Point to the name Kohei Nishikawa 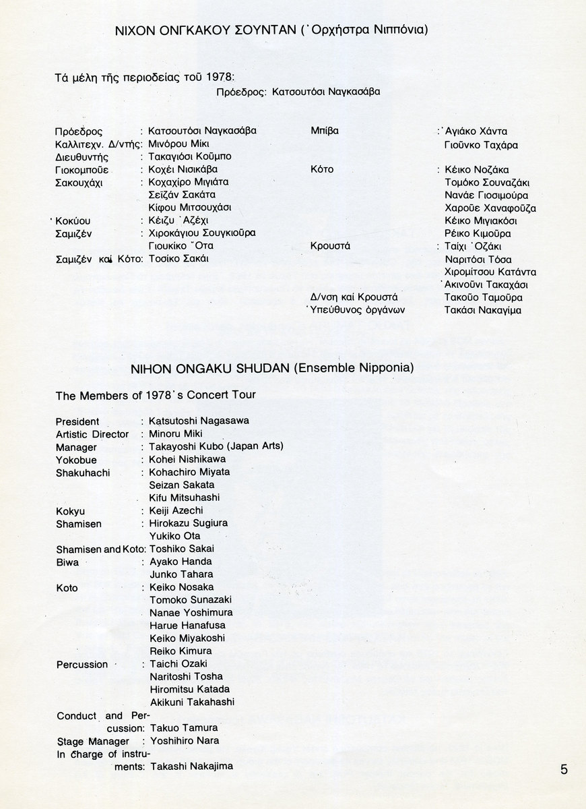click(x=187, y=459)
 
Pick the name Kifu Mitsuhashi click(x=184, y=498)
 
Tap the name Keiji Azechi click(x=176, y=510)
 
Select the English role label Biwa click(x=67, y=562)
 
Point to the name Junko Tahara click(x=181, y=574)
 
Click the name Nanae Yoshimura click(x=191, y=612)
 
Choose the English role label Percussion click(x=82, y=665)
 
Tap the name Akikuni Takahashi click(x=192, y=702)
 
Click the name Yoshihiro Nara click(x=184, y=740)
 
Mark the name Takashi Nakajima click(x=192, y=767)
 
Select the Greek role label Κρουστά click(x=330, y=246)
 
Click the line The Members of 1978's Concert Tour click(x=156, y=395)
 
